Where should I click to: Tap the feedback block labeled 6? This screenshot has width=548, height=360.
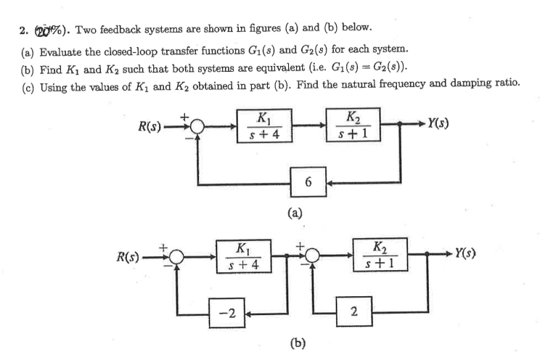308,181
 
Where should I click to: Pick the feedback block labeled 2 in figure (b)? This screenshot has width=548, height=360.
353,313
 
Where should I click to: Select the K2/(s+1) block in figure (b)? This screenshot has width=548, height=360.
380,257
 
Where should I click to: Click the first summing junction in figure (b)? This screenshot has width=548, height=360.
177,258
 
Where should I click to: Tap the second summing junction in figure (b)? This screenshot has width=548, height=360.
312,258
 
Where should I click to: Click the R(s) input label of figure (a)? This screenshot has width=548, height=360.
155,126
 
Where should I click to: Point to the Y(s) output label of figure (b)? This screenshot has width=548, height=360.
462,254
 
